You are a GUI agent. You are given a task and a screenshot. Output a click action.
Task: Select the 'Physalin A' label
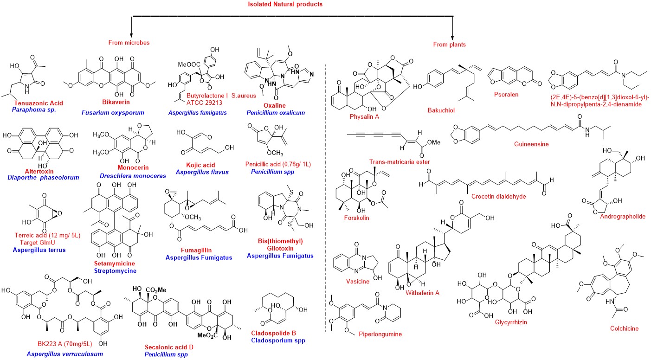(365, 116)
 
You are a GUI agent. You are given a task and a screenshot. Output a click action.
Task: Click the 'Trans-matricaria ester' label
(399, 162)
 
